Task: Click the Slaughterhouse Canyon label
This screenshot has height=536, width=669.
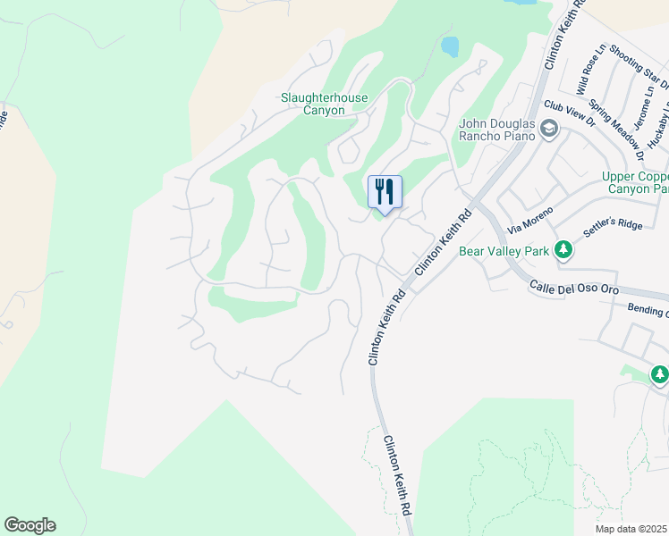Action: (x=312, y=104)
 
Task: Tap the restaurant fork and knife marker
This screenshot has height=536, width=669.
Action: (x=385, y=192)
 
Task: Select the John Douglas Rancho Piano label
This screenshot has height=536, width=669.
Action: (x=496, y=130)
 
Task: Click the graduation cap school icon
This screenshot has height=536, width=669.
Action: (x=548, y=131)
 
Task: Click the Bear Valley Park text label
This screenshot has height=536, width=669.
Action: (x=504, y=251)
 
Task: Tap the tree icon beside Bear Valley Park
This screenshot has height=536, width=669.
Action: (x=563, y=250)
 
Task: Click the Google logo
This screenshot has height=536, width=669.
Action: (x=30, y=525)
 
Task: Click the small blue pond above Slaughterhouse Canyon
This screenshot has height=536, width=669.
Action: (x=449, y=46)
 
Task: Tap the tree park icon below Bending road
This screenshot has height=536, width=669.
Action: (x=659, y=375)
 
